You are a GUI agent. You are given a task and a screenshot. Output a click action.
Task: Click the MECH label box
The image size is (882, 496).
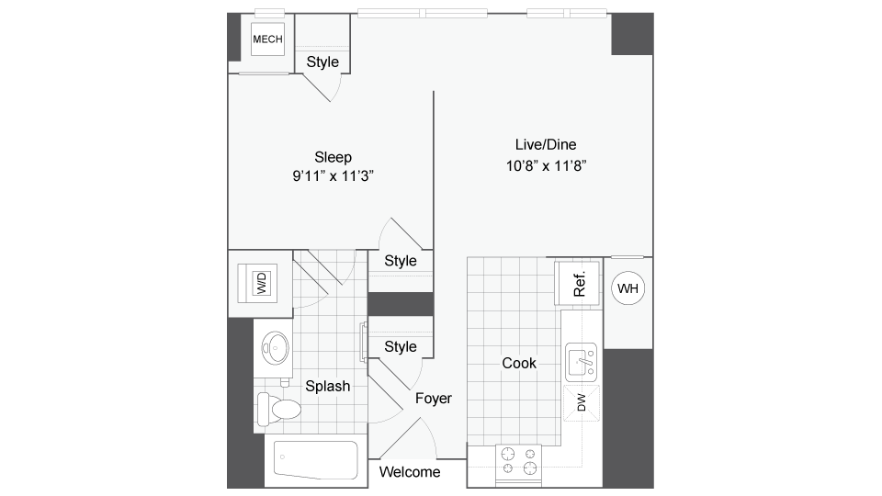[x=268, y=39]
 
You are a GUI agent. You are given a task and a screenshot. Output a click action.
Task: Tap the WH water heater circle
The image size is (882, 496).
[x=628, y=288]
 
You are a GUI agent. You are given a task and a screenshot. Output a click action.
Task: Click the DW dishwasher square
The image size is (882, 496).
[x=581, y=400]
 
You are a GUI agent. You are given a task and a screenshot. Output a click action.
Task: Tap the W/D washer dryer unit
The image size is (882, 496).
[x=262, y=283]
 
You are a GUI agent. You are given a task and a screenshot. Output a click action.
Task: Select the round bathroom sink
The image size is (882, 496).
[x=274, y=347]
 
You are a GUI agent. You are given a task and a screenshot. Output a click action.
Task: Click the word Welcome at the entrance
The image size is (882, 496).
[x=409, y=472]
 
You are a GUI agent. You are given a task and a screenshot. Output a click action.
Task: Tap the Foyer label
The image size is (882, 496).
[x=432, y=399]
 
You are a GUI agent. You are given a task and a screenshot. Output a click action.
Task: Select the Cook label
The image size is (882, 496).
[x=519, y=364]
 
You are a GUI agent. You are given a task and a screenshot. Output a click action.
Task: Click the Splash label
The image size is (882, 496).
[x=327, y=387]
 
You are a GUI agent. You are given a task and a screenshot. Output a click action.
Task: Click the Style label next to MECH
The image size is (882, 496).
[x=322, y=62]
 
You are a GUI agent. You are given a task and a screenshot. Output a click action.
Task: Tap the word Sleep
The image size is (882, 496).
[x=333, y=157]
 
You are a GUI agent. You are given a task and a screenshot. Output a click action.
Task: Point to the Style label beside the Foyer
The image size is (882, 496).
[x=401, y=347]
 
